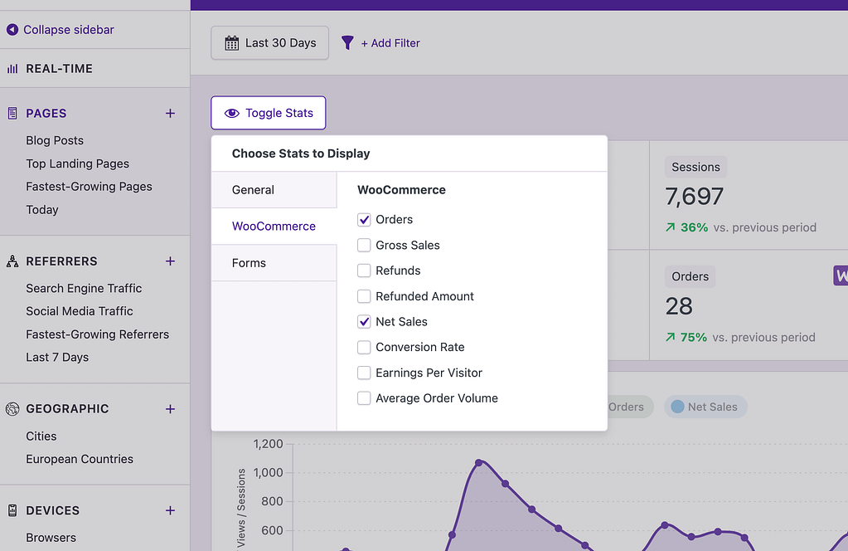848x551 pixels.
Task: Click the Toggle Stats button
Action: tap(268, 113)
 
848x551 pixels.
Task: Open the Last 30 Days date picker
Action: tap(269, 43)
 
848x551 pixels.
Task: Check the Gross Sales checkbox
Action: tap(364, 246)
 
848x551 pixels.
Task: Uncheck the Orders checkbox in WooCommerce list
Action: tap(364, 220)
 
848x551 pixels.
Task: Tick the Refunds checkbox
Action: tap(364, 271)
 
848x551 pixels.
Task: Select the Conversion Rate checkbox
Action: tap(364, 347)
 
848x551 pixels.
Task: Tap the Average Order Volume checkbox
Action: tap(364, 398)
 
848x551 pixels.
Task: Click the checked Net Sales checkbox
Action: tap(364, 322)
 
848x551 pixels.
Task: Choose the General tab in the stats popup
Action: tap(254, 190)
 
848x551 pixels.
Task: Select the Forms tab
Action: tap(250, 263)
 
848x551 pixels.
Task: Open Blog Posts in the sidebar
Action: tap(55, 141)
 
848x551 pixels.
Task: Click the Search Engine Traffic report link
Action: tap(84, 289)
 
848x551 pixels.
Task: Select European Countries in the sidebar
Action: tap(80, 459)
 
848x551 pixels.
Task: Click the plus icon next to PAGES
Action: tap(170, 114)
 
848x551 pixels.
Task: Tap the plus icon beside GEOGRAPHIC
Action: tap(170, 409)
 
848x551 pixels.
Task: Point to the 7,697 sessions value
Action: tap(695, 197)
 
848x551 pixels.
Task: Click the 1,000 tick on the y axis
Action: tap(268, 473)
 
